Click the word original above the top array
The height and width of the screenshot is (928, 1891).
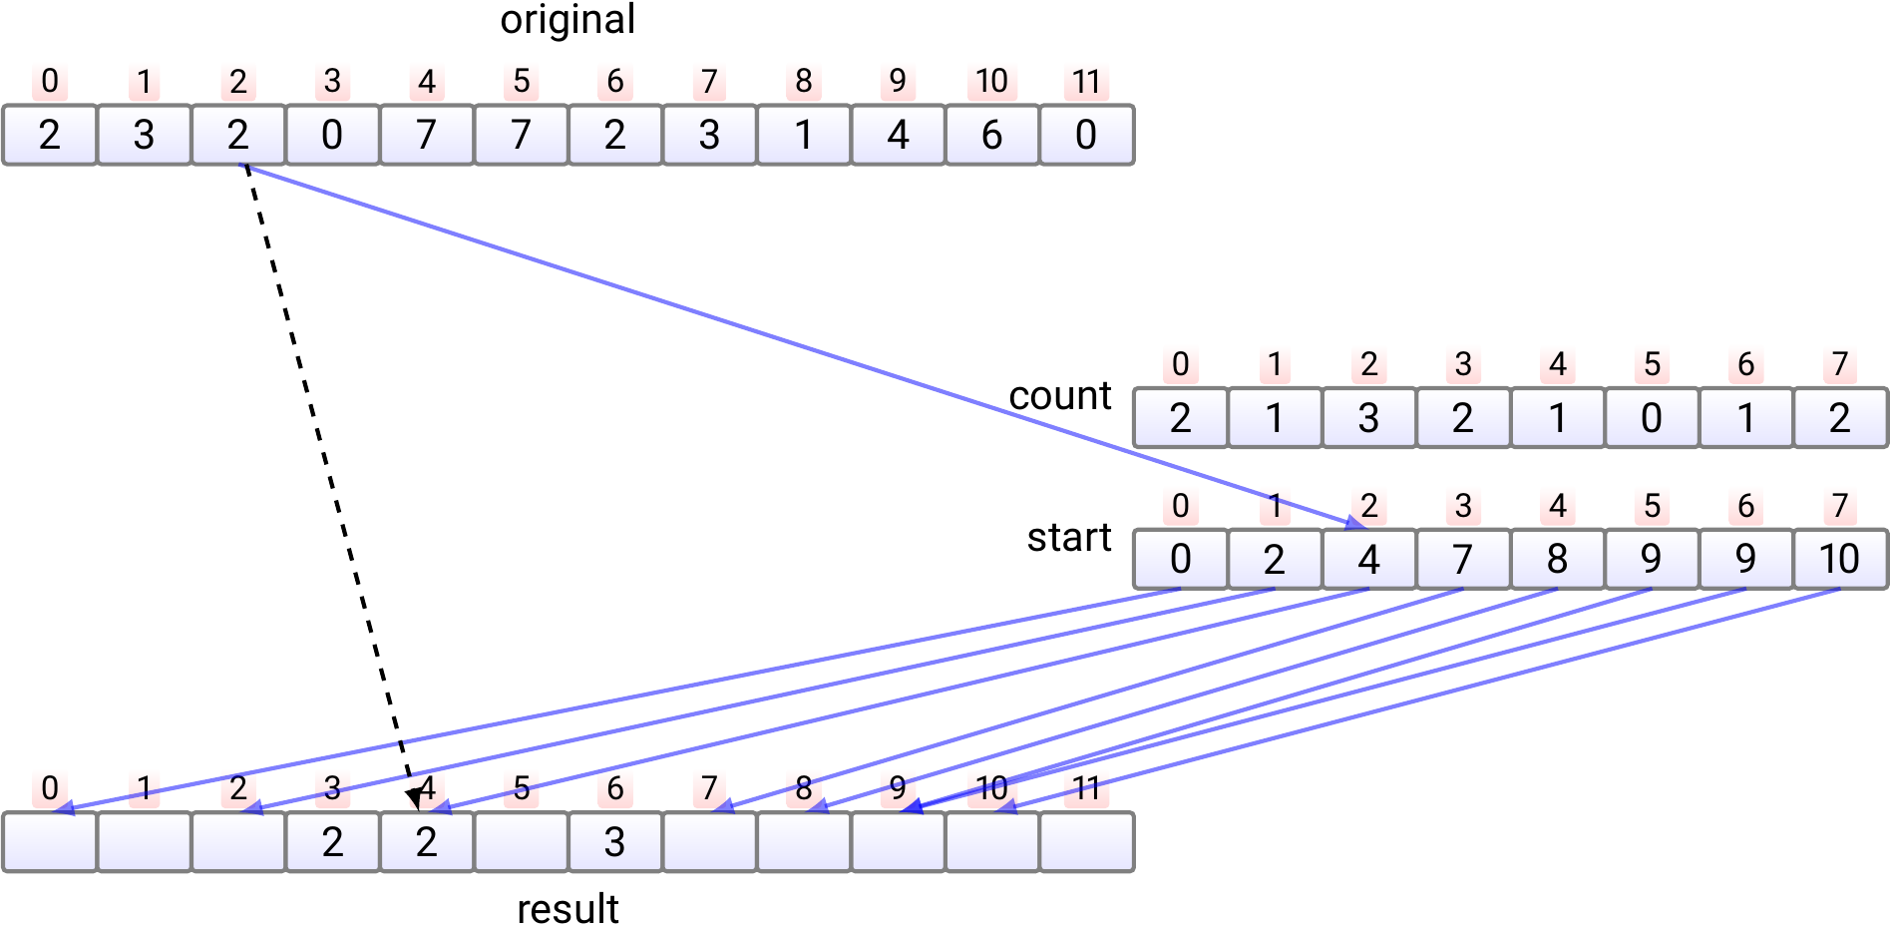click(x=567, y=20)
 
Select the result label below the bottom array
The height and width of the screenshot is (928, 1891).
click(x=567, y=909)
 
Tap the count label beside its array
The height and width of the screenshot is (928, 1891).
click(x=1059, y=396)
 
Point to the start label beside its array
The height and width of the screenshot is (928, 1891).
click(x=1068, y=538)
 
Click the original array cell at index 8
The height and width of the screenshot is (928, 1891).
click(x=804, y=135)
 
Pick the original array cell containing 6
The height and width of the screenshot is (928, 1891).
click(x=991, y=135)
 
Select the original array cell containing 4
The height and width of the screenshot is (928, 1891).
click(x=898, y=135)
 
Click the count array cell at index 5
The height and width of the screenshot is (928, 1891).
click(x=1652, y=418)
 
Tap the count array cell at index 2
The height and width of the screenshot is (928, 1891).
click(x=1368, y=418)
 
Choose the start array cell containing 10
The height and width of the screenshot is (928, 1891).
click(x=1840, y=560)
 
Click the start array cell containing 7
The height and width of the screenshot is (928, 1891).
click(x=1463, y=560)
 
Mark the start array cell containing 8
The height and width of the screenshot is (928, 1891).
click(x=1557, y=560)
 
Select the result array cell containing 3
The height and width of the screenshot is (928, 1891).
click(x=615, y=843)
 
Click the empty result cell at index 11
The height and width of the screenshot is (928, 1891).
click(x=1086, y=843)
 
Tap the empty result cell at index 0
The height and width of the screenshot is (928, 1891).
click(x=50, y=843)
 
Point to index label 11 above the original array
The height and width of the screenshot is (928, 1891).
click(x=1086, y=82)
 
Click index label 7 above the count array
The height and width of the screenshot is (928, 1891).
click(x=1840, y=364)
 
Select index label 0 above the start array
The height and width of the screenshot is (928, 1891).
click(x=1180, y=506)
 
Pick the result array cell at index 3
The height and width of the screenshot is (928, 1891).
click(x=332, y=843)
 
